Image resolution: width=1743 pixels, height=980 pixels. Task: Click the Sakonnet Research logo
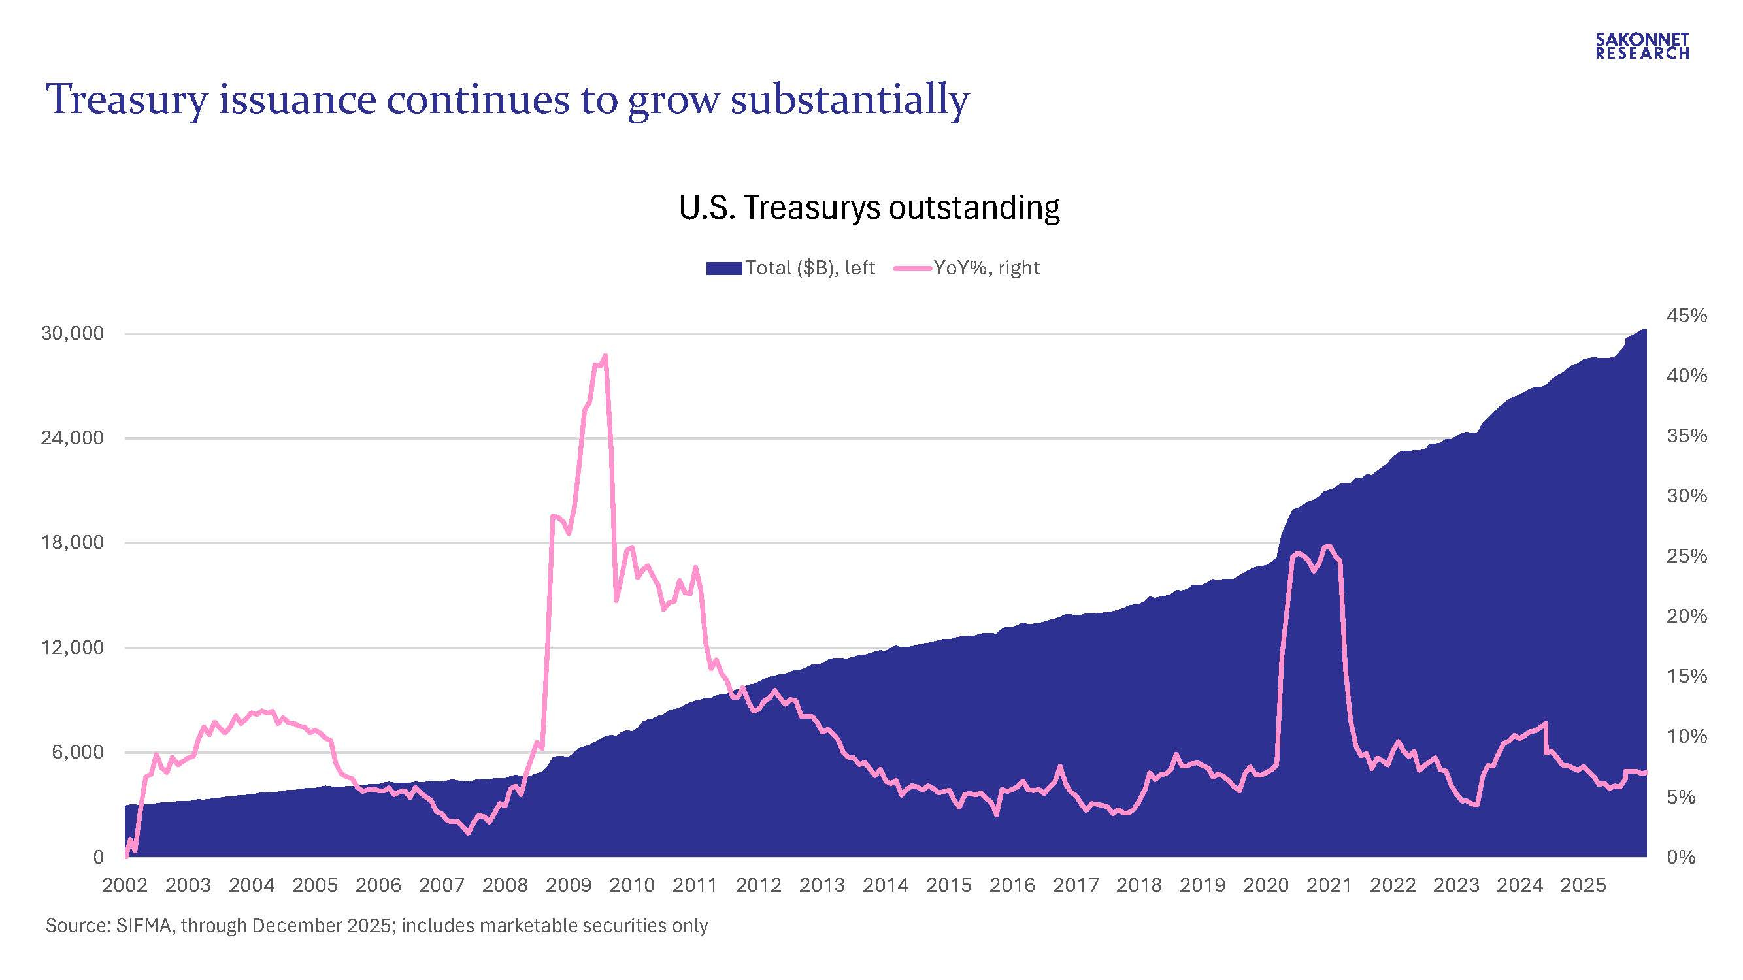[1642, 46]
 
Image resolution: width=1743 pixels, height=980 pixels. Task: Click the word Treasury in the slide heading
[127, 100]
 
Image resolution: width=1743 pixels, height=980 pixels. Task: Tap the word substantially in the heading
[849, 100]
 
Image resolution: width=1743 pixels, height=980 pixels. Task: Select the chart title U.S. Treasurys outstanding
[869, 207]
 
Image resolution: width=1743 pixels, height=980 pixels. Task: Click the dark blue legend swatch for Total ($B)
[723, 269]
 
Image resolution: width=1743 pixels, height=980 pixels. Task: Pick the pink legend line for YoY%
[912, 269]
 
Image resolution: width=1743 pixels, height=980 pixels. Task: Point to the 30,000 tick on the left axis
[73, 333]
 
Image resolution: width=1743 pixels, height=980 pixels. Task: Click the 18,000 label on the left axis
[73, 542]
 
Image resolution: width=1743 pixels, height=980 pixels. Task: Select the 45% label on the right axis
[1687, 316]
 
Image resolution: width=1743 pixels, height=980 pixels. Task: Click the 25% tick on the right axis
[1687, 556]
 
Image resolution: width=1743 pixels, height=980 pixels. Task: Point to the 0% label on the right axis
[1682, 858]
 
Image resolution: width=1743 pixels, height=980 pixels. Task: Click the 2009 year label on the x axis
[569, 885]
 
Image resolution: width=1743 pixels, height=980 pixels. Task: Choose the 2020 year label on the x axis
[1265, 885]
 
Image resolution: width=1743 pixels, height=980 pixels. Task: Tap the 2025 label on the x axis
[1583, 885]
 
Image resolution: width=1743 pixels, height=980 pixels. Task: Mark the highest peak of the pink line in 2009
[605, 356]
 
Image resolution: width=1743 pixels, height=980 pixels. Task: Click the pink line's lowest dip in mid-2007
[467, 833]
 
